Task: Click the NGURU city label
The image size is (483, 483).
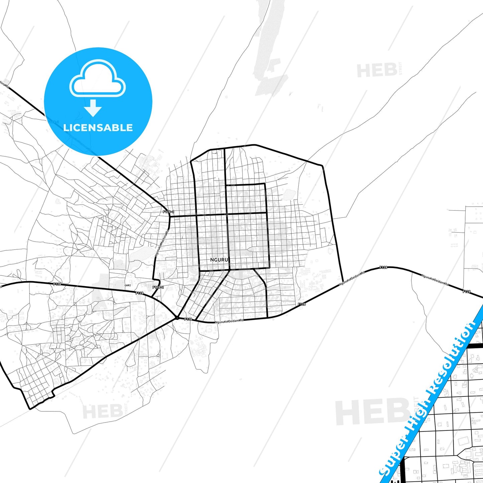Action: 219,260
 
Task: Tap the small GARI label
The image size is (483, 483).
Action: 127,285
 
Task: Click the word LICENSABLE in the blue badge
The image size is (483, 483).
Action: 98,127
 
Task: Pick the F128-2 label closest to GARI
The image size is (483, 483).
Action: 158,287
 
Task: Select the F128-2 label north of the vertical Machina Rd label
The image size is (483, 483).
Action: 168,212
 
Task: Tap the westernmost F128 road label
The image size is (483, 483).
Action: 57,284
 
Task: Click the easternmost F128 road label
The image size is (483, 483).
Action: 466,291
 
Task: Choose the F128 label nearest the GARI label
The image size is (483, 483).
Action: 139,293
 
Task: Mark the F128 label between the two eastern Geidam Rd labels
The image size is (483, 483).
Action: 383,267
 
